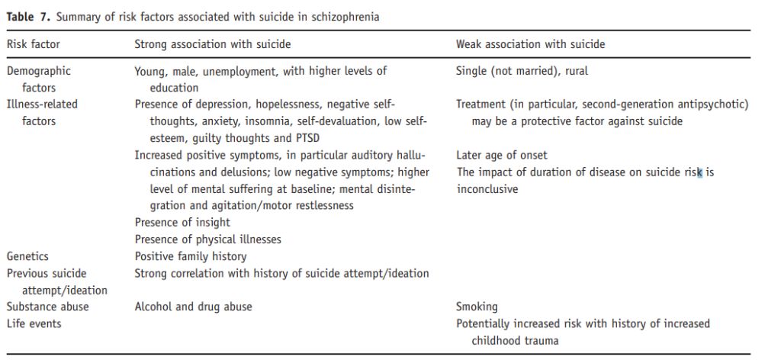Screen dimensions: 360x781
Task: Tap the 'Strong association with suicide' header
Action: point(212,44)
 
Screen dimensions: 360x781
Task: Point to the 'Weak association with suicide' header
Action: point(530,44)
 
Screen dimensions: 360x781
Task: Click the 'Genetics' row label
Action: point(27,256)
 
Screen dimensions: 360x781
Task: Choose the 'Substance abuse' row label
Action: point(47,307)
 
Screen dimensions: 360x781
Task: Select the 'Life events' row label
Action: point(34,323)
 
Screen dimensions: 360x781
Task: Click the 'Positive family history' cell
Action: point(191,256)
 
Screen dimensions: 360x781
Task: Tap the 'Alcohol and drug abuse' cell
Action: point(193,307)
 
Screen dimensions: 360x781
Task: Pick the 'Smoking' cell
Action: point(477,307)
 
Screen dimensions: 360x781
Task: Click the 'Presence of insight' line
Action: point(182,223)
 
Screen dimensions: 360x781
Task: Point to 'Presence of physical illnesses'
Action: point(207,239)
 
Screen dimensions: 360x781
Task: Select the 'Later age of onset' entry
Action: point(501,156)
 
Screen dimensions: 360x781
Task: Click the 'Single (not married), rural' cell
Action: point(522,71)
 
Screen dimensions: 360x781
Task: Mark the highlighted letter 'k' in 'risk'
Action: point(699,172)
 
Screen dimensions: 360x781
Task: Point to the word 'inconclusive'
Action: point(487,189)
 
